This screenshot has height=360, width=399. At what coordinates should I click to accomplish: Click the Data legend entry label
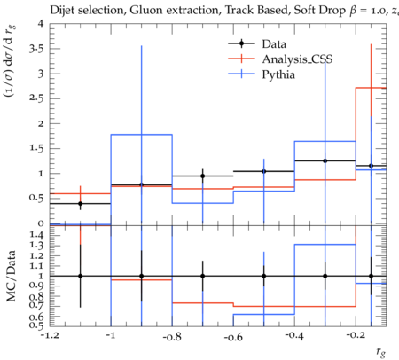tap(274, 44)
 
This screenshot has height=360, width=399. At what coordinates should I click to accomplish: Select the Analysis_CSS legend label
tap(297, 59)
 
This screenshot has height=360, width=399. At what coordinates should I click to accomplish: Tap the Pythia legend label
tap(278, 74)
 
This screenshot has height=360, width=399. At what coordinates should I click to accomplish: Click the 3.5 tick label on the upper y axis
tap(36, 49)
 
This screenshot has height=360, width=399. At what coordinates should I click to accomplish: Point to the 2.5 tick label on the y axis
tap(36, 98)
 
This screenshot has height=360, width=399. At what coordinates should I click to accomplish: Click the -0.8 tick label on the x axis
tap(172, 337)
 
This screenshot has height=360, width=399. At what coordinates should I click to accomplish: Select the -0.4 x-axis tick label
tap(294, 336)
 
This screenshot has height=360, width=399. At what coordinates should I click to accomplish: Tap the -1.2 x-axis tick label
tap(50, 336)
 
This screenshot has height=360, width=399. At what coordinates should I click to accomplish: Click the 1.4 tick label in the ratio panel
tap(36, 235)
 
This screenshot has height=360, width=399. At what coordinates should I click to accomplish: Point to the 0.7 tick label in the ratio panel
tap(36, 305)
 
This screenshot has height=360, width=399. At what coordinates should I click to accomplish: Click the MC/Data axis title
tap(11, 276)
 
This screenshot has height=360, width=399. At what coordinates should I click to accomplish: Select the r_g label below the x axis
tap(381, 352)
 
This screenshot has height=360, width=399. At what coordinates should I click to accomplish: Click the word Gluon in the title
tap(145, 11)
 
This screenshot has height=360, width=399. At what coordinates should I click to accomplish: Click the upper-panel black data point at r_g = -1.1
tap(80, 204)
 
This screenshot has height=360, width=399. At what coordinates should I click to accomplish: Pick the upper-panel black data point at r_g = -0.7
tap(203, 176)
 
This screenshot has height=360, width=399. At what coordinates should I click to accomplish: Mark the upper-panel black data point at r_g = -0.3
tap(325, 160)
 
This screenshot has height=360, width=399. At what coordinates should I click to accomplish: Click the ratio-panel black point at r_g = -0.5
tap(264, 276)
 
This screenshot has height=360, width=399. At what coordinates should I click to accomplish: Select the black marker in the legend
tap(241, 43)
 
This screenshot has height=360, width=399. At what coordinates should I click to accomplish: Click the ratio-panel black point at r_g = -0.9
tap(141, 276)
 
